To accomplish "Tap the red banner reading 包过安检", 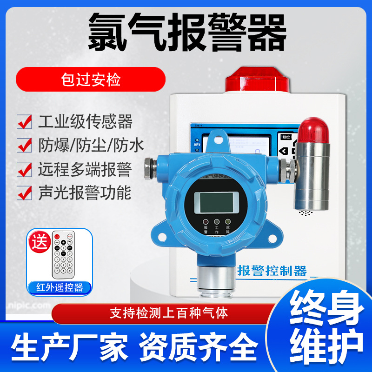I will click(91, 79).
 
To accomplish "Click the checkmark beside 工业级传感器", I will click(24, 121).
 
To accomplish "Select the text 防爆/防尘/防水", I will click(91, 145).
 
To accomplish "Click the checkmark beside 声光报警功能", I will click(24, 193).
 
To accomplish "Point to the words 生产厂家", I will click(70, 345).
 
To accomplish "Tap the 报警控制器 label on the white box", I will click(272, 270).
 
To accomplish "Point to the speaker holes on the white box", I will click(305, 213).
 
